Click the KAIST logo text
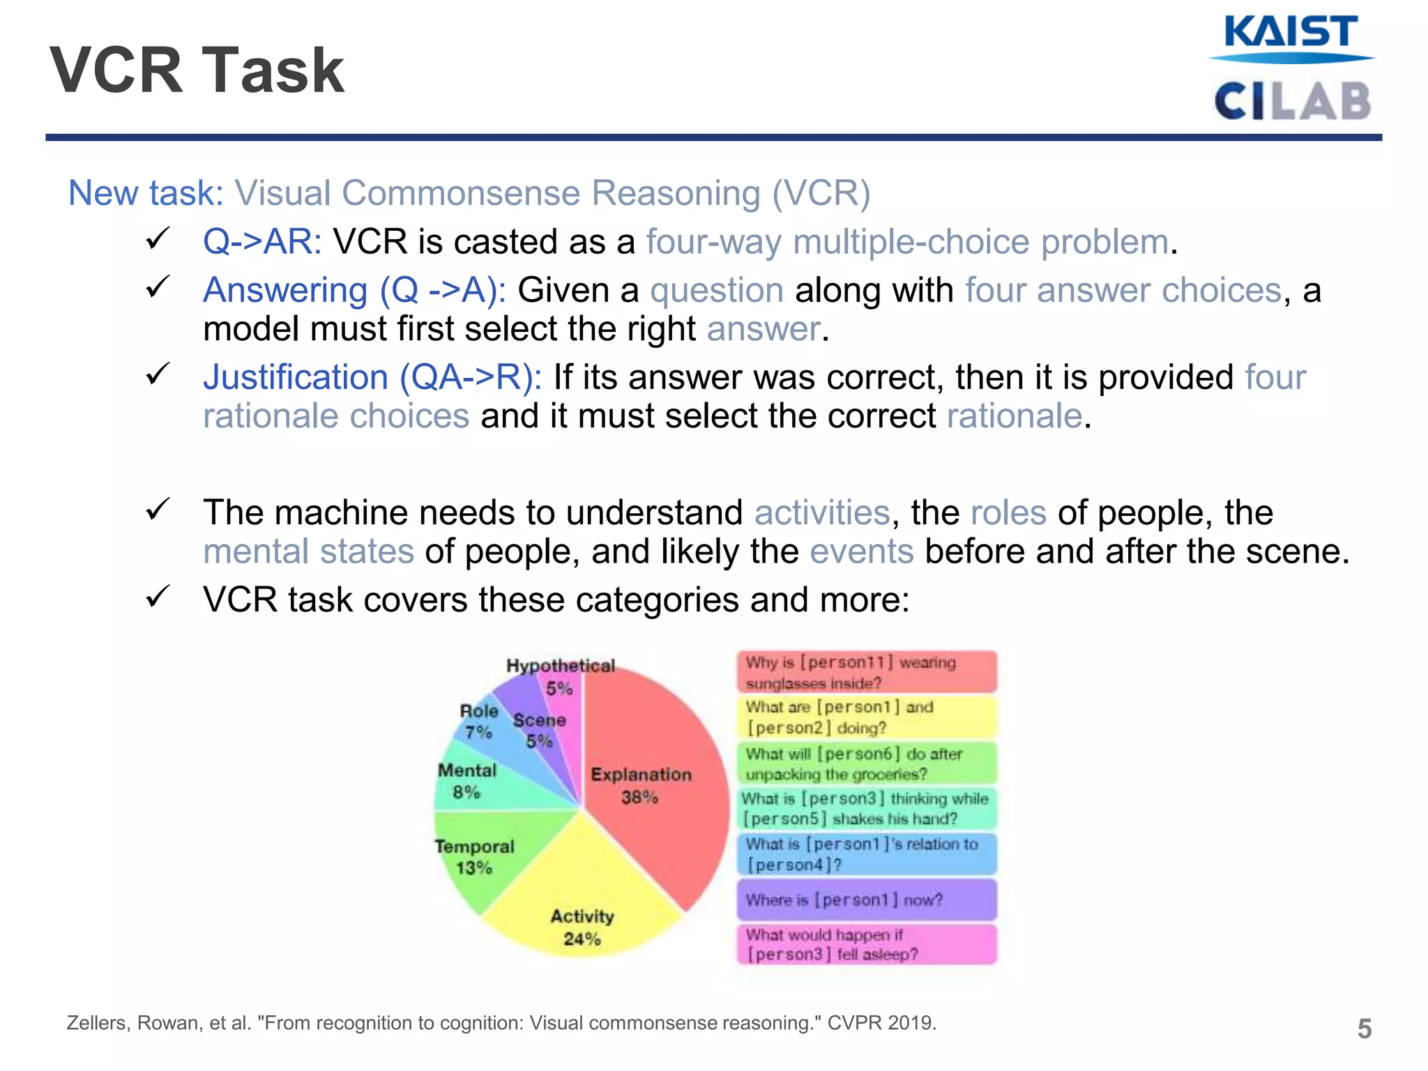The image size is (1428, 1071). tap(1290, 33)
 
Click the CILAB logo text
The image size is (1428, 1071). tap(1292, 102)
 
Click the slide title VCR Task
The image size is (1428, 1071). tap(197, 70)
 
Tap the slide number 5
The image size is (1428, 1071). tap(1364, 1029)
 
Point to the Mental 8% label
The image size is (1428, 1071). tap(466, 781)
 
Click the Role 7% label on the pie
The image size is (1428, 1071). tap(479, 721)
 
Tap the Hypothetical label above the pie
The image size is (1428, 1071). tap(561, 666)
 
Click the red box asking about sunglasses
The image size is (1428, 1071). tap(867, 672)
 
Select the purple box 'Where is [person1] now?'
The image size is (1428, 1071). tap(867, 900)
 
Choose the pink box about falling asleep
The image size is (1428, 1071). tap(867, 945)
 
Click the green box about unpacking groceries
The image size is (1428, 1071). tap(867, 764)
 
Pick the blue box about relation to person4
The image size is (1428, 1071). tap(867, 854)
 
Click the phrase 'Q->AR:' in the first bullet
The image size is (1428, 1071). tap(262, 242)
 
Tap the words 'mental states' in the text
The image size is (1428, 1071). tap(308, 552)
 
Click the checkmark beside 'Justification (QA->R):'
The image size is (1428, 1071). tap(158, 374)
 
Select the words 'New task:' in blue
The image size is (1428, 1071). tap(145, 193)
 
